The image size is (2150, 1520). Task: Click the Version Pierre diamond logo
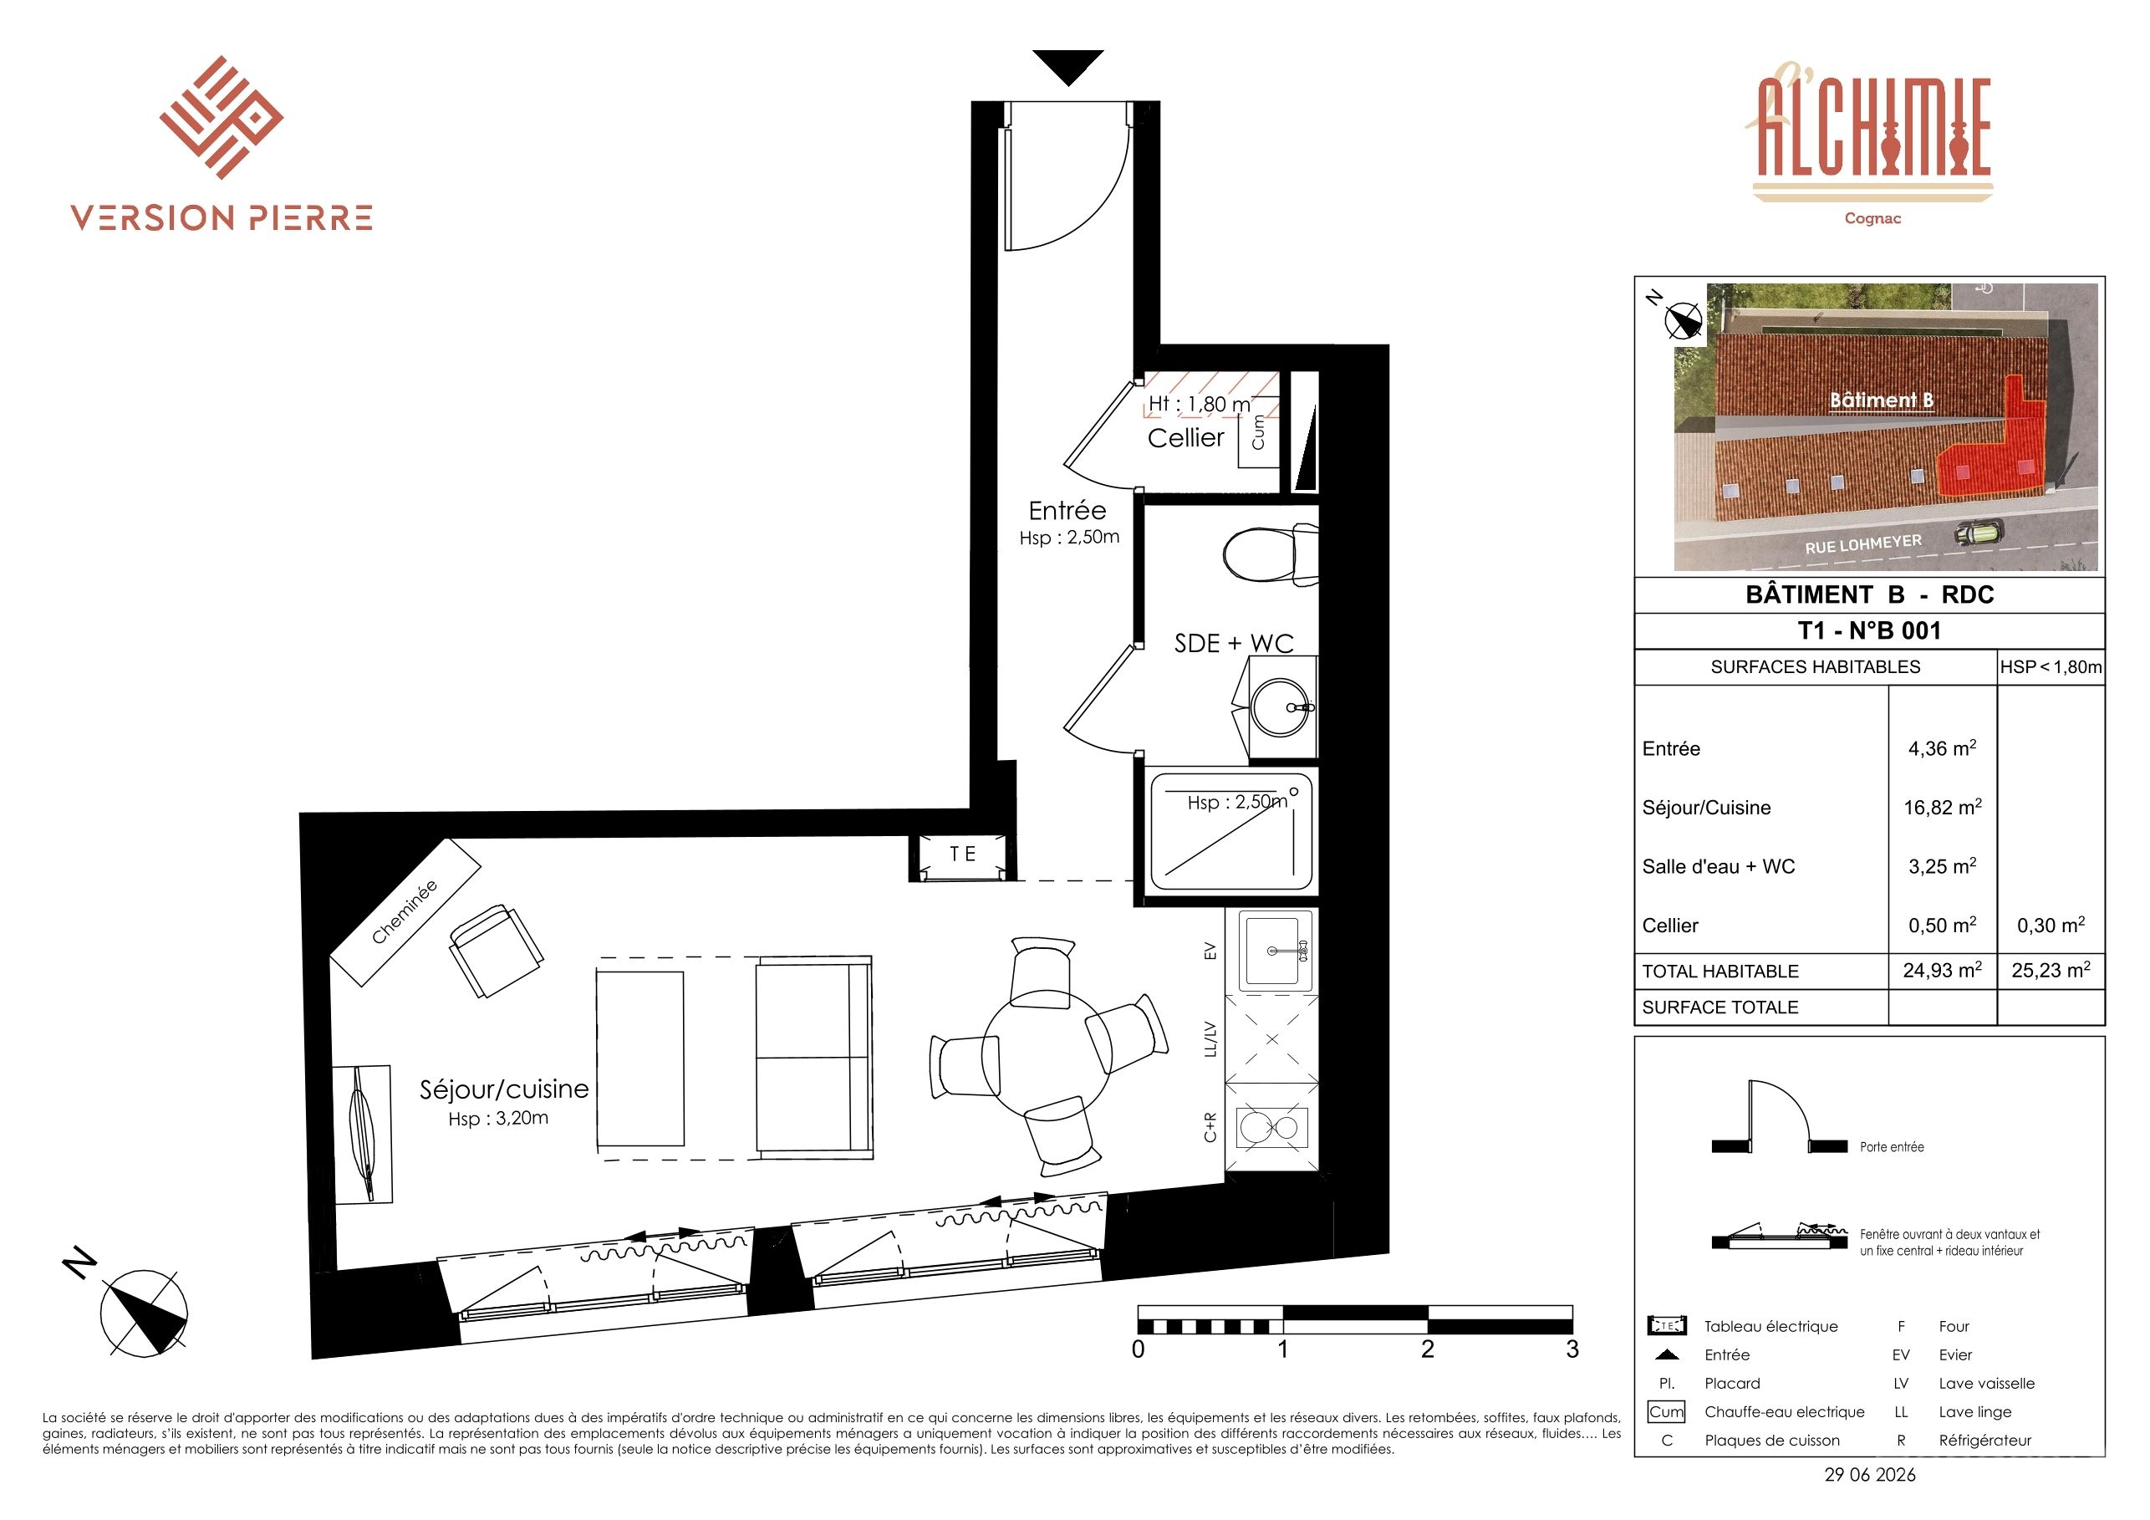221,117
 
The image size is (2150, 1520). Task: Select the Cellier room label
1185,437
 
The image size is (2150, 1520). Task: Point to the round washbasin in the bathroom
1282,708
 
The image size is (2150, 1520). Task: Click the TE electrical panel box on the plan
963,855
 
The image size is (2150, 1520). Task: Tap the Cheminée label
405,911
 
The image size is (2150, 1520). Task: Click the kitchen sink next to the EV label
1275,951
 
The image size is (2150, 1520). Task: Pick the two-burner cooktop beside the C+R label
1271,1128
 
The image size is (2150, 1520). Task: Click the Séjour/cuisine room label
504,1089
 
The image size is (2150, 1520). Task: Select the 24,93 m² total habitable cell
1942,970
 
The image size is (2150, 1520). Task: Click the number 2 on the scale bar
1427,1349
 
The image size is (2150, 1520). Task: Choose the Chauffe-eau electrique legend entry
1784,1412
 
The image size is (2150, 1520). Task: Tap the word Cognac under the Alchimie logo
1872,218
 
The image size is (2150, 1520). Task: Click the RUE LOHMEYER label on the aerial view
1863,544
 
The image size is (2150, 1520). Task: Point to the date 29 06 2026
1870,1475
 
